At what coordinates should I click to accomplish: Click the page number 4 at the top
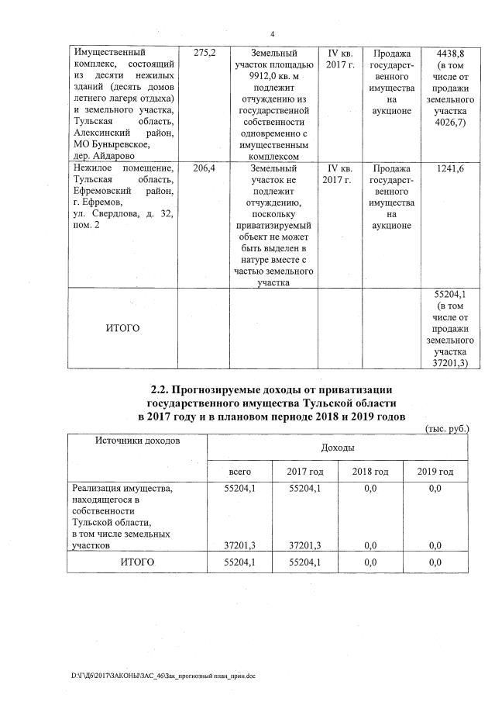coord(272,33)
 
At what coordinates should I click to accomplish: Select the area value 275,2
coord(203,53)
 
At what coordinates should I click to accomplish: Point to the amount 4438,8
coord(449,53)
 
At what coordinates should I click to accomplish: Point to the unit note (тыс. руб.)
coord(447,428)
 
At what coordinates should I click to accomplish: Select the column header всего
coord(239,472)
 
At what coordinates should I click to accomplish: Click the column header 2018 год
coord(370,472)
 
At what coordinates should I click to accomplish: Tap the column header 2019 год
coord(435,472)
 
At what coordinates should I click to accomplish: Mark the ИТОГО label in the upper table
coord(122,328)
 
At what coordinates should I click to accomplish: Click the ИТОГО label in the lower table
coord(136,562)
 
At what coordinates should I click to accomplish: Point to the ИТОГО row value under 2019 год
coord(435,562)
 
